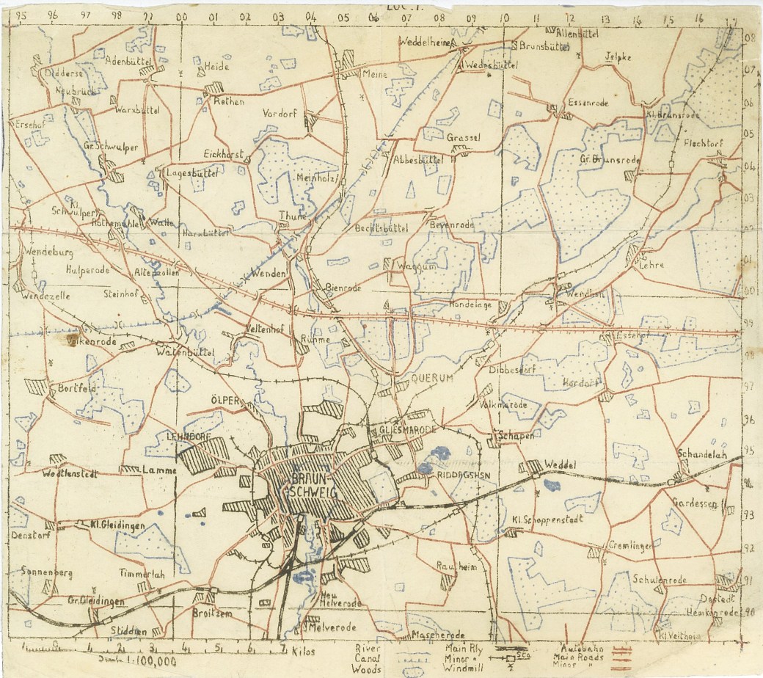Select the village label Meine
click(x=375, y=73)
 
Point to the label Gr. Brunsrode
click(x=610, y=159)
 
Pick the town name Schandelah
click(x=703, y=452)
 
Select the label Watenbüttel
click(x=185, y=353)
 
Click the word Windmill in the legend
click(x=468, y=668)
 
